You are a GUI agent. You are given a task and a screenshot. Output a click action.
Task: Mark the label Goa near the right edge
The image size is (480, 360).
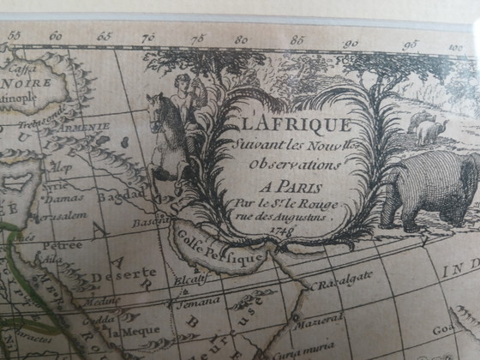(x=463, y=327)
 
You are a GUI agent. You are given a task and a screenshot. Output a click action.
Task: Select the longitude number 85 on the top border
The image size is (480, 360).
(x=297, y=39)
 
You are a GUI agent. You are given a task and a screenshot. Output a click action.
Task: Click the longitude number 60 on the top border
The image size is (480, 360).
(x=56, y=36)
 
